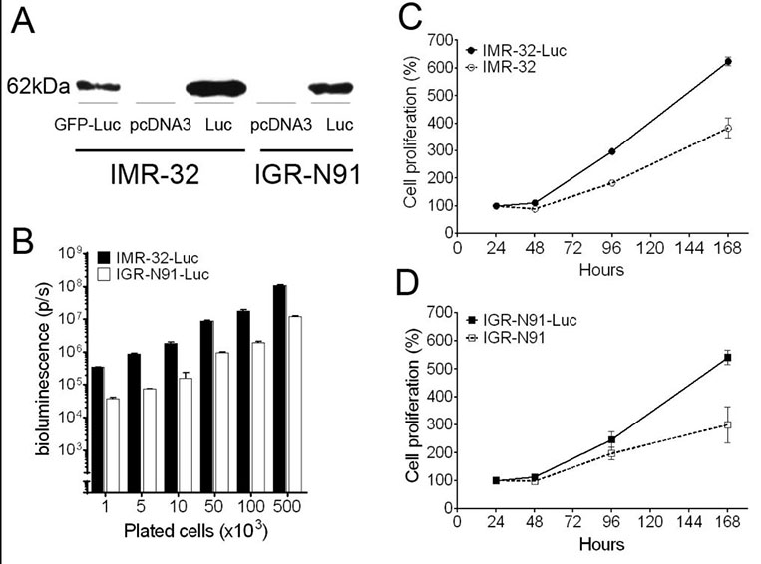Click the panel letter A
[25, 22]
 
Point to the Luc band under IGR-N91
[331, 88]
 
